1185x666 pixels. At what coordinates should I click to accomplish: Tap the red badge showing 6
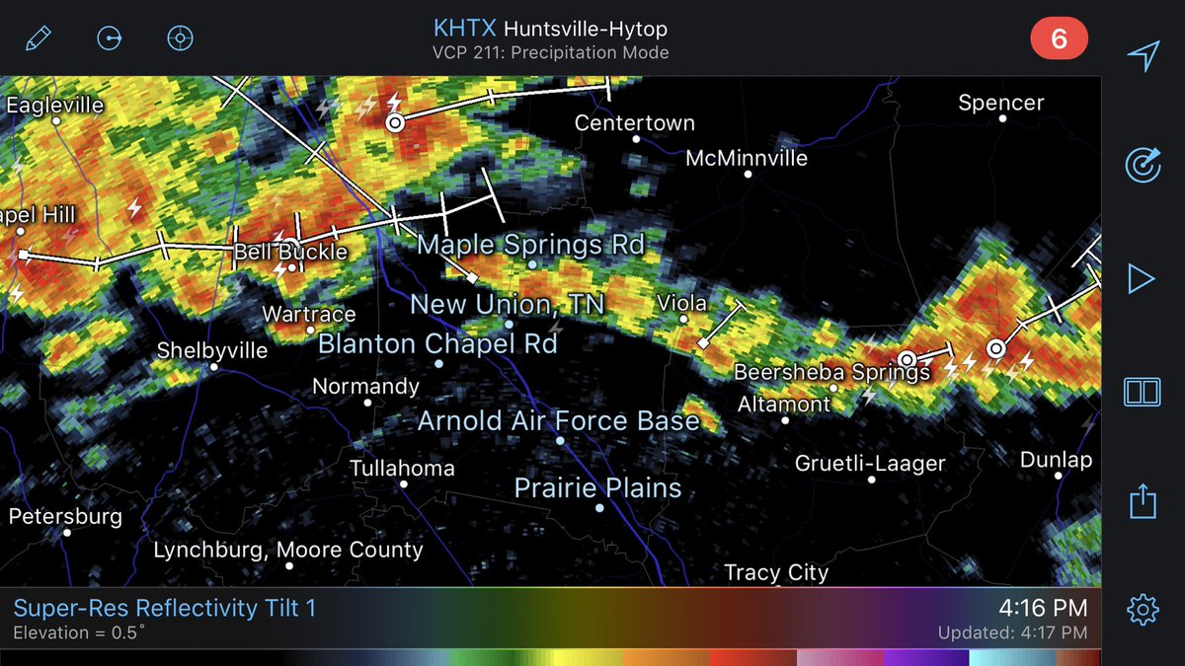1059,38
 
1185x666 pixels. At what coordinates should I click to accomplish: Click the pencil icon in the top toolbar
39,38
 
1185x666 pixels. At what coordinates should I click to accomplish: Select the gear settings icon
1142,609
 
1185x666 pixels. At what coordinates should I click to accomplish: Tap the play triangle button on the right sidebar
1142,279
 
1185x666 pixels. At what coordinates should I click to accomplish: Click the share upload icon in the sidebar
1142,501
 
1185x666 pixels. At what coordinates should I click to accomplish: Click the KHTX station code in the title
466,29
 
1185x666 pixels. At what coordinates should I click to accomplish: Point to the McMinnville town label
746,158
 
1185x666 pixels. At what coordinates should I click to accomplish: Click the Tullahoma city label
402,469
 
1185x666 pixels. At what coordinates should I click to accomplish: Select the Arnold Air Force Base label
558,421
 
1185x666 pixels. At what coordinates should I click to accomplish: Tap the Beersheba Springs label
831,372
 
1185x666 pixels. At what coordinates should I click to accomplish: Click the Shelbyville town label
212,350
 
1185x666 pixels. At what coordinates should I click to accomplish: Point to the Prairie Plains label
597,487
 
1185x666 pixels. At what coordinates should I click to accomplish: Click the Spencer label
1000,103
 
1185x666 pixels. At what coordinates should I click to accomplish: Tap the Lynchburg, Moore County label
287,550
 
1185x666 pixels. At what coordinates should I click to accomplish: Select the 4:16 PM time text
1042,607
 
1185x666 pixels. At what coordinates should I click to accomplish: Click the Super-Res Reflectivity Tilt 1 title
165,608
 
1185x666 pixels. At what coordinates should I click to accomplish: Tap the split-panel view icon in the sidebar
1142,392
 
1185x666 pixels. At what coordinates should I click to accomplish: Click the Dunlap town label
1056,460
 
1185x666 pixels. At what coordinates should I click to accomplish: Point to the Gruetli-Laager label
870,463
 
